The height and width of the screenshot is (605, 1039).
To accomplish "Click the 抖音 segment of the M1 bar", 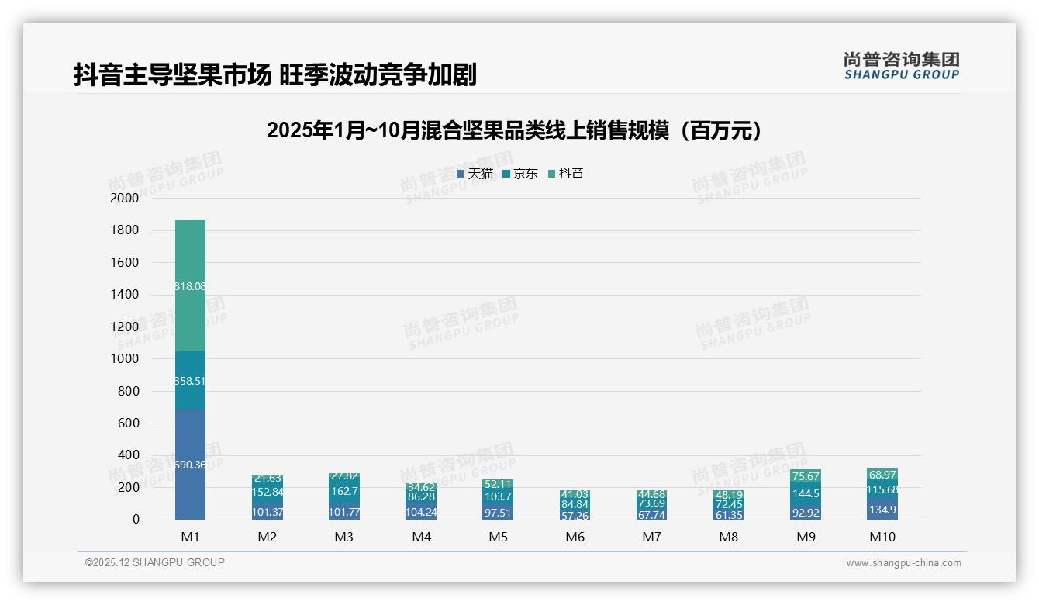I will [190, 285].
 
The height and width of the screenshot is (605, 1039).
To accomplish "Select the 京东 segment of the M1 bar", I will [190, 380].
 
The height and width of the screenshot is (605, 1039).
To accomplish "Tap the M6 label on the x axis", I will [575, 537].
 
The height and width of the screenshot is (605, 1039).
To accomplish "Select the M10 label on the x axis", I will [882, 537].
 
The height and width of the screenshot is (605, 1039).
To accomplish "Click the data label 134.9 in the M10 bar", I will [882, 510].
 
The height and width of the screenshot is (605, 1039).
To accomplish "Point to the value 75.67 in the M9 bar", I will [806, 476].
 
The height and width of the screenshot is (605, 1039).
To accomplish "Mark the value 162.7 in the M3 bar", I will [344, 491].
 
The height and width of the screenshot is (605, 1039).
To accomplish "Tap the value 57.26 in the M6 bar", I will [575, 515].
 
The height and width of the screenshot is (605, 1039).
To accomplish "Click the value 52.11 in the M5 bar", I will [499, 484].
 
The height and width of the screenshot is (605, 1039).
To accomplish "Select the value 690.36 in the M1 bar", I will [190, 465].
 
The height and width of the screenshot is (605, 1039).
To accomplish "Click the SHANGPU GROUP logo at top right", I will [901, 66].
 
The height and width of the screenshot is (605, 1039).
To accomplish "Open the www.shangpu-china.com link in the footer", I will [903, 563].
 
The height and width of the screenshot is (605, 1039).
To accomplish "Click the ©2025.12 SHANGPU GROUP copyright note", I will [155, 562].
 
